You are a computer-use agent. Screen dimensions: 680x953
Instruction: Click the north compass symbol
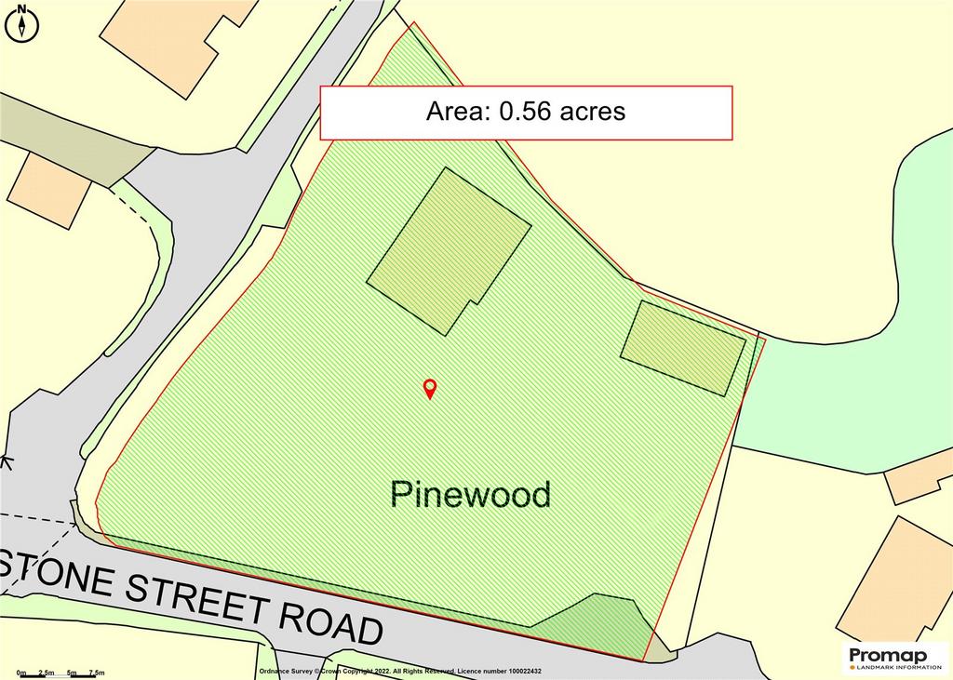[21, 23]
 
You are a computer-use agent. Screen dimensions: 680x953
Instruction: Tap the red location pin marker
[430, 389]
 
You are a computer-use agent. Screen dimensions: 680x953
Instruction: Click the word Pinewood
[471, 494]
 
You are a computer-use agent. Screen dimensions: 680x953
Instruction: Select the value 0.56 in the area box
[527, 112]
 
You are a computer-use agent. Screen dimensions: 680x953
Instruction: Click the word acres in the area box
[593, 112]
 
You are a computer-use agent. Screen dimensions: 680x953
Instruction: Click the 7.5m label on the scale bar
[97, 672]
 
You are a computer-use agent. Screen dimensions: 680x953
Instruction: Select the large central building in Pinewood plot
[449, 250]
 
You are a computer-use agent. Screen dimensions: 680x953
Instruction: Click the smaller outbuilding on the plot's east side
[683, 348]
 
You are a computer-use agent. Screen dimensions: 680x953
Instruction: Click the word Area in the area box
[458, 112]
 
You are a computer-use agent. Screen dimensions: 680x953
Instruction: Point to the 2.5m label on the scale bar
[46, 672]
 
